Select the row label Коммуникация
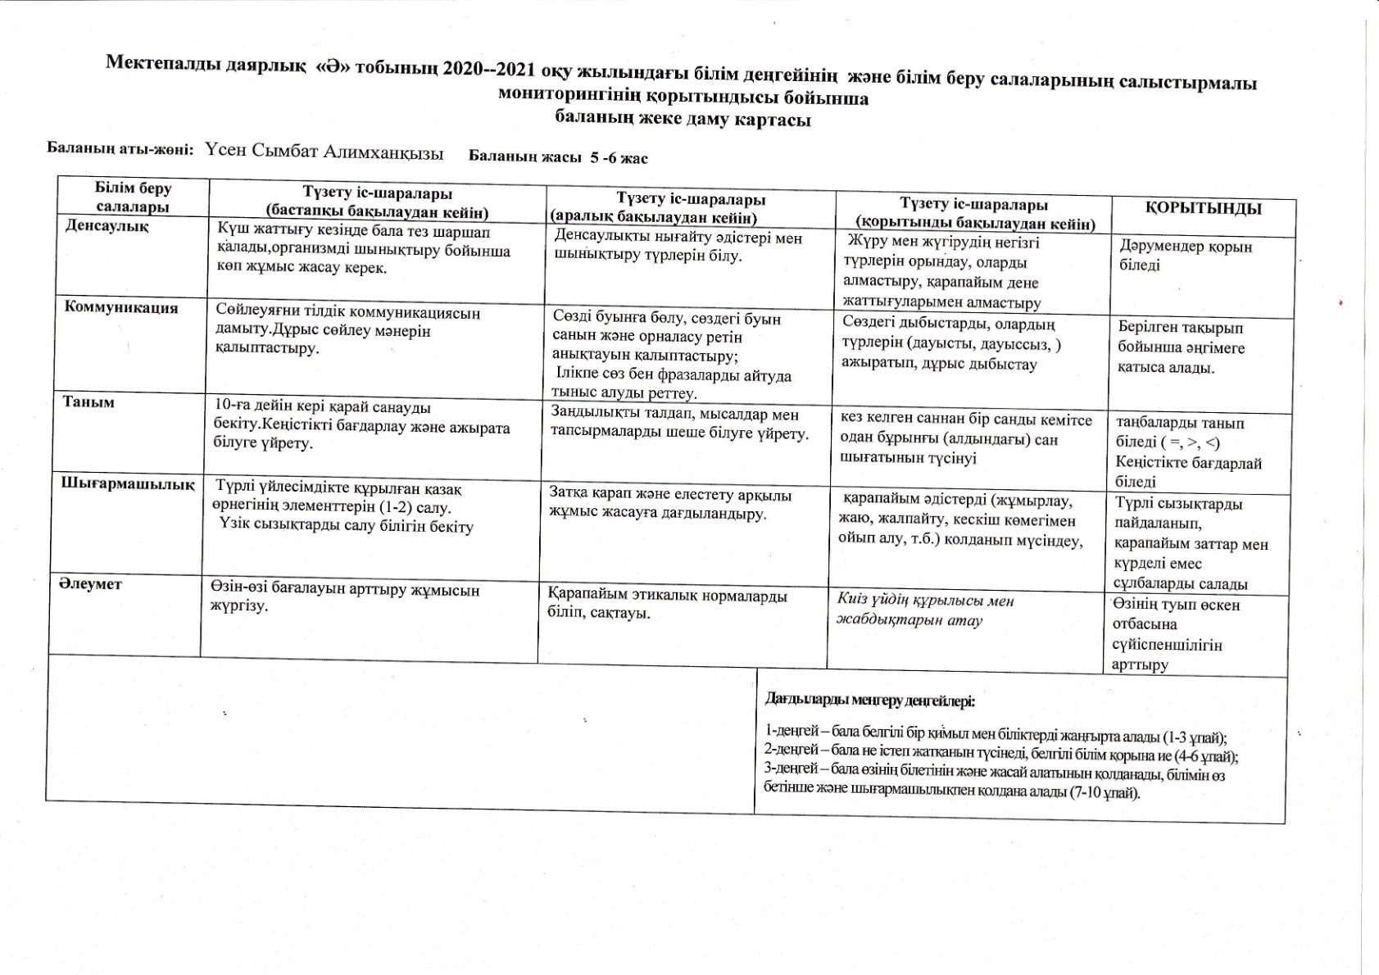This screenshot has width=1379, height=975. point(121,308)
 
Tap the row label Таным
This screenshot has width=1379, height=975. point(88,402)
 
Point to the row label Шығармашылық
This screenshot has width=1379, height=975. point(128,483)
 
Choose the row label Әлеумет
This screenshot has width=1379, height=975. point(90,584)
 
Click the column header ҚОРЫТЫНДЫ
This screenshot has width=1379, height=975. point(1203,208)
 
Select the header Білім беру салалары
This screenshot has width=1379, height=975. point(133,197)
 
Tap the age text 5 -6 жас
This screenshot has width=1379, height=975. point(619,158)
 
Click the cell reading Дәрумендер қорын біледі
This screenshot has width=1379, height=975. point(1185,256)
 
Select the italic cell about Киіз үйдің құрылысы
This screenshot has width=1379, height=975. point(924,610)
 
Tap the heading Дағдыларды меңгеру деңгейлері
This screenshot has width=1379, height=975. point(869,701)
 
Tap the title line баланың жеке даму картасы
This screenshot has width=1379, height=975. point(683,119)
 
